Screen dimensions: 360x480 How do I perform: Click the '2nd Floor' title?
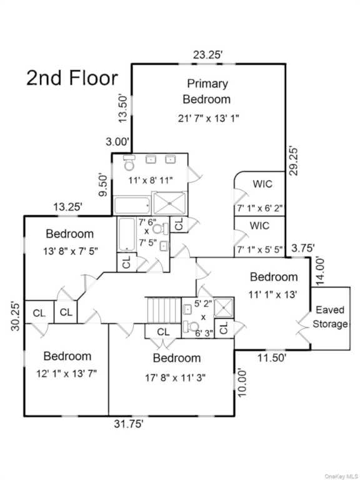click(72, 78)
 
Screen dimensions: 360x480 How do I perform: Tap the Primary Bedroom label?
click(207, 91)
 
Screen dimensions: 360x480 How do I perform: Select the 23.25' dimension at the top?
click(207, 55)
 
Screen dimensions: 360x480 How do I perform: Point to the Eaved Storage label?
click(330, 317)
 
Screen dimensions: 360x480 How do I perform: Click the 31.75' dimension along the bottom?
click(129, 424)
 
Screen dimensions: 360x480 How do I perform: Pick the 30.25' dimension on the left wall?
click(15, 316)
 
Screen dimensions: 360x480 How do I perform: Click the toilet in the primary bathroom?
click(129, 163)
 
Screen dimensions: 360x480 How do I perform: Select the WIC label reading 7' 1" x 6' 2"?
click(259, 208)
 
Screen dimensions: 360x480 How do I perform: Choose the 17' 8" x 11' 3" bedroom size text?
click(175, 377)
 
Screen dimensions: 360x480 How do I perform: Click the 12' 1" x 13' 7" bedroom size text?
click(66, 374)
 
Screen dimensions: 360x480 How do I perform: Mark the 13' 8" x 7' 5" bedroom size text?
click(71, 251)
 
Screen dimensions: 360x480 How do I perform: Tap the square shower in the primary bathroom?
click(169, 203)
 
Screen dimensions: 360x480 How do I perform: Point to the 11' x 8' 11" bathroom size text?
click(150, 180)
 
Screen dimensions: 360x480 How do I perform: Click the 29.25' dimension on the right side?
click(293, 161)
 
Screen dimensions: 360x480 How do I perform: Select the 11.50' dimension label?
click(272, 357)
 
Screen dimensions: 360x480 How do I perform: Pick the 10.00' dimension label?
click(241, 382)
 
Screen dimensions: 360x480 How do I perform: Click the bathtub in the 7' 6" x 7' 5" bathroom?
click(126, 234)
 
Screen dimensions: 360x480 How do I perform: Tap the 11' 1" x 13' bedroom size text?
click(272, 294)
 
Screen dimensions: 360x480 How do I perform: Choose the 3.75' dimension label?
click(302, 248)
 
